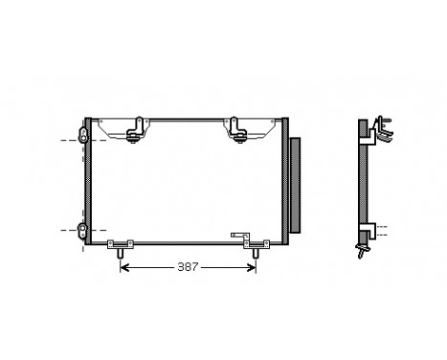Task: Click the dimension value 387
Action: (x=188, y=267)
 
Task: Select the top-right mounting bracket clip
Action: (x=236, y=129)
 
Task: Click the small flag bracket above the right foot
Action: (x=239, y=234)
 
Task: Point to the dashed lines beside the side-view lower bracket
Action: (x=383, y=231)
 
